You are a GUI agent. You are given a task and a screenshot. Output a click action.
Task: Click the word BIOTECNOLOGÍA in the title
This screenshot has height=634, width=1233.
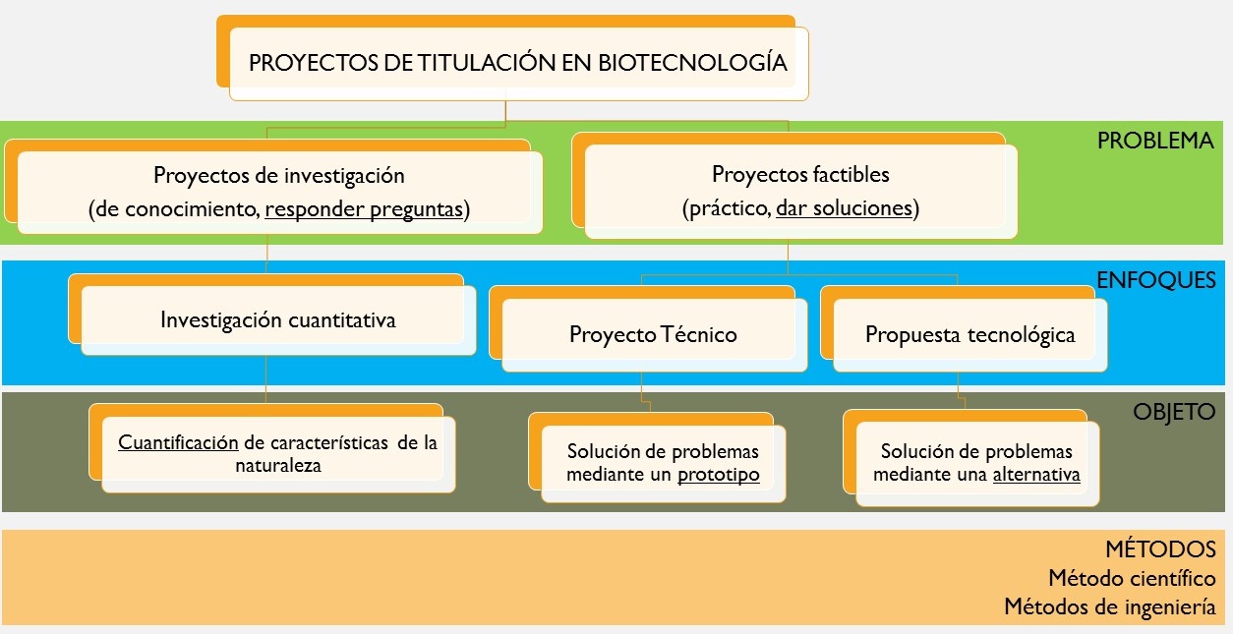(692, 62)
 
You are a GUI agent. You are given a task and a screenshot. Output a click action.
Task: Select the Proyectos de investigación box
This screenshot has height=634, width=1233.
(273, 187)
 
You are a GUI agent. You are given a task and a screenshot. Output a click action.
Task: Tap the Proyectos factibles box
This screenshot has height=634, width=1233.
(794, 186)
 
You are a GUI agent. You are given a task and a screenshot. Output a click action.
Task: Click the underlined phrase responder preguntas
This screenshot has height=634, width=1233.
(364, 209)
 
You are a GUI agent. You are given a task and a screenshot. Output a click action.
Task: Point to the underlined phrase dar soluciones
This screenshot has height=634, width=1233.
(845, 208)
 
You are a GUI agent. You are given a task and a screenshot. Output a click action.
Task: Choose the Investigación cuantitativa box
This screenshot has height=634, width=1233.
(272, 315)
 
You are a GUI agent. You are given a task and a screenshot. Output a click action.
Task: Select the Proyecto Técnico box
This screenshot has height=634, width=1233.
(648, 328)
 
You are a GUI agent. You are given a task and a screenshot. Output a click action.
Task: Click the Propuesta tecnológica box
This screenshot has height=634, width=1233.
(964, 328)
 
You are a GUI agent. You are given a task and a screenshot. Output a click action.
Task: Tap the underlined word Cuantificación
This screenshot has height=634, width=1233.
(178, 442)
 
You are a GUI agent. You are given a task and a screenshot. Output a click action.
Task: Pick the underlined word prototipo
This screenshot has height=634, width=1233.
(719, 475)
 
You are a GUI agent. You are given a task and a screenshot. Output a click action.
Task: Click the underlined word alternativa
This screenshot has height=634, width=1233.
(1036, 475)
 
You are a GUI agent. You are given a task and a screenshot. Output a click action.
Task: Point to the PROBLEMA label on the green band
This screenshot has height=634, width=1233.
(1155, 141)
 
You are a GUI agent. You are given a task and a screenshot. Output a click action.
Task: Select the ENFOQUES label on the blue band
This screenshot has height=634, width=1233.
(1156, 280)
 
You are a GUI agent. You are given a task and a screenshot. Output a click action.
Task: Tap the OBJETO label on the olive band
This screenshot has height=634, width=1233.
(1174, 412)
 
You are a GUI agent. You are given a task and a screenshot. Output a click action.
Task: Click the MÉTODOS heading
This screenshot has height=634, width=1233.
(1161, 548)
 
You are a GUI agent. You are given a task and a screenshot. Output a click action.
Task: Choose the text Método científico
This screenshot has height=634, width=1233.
(1133, 578)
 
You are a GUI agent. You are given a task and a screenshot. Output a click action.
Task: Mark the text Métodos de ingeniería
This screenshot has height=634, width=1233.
(1110, 607)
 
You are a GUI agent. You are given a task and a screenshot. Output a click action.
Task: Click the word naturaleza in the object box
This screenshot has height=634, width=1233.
(278, 466)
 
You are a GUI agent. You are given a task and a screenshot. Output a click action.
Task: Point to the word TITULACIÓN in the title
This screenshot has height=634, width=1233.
(487, 62)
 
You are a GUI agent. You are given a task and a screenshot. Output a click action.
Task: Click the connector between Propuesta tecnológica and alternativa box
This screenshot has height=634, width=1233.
(961, 391)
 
